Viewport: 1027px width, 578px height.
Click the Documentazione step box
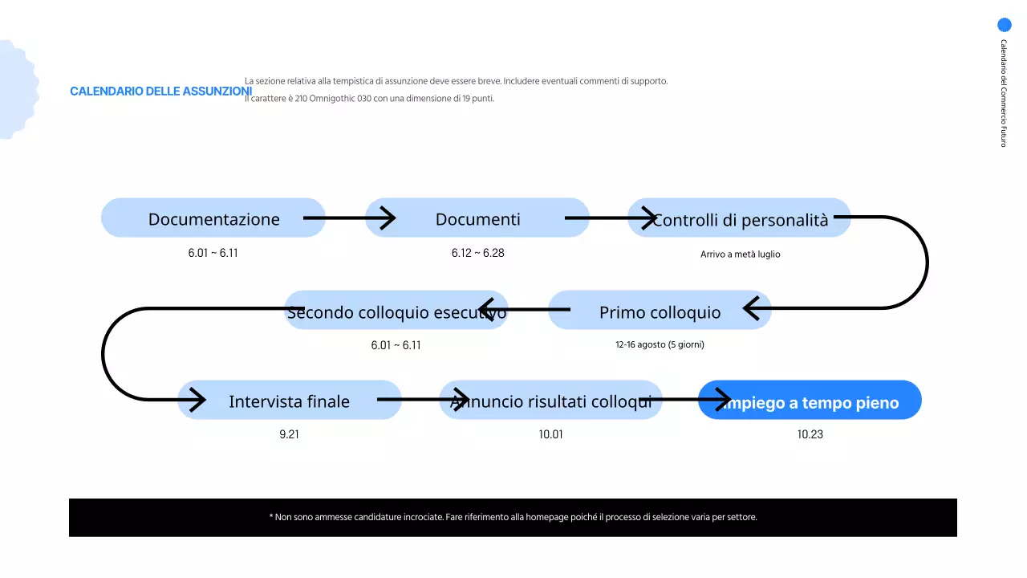coord(213,218)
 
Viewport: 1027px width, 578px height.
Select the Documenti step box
coord(477,218)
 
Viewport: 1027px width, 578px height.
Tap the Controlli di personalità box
coord(739,218)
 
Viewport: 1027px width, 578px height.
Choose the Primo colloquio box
coord(660,311)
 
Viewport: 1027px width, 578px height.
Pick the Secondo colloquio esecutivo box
coord(396,311)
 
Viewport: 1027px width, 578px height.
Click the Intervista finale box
coord(289,401)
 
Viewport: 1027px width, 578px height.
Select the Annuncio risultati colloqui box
coord(550,401)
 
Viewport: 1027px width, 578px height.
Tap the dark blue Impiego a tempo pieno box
coord(810,401)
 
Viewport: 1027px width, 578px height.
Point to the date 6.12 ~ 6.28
coord(477,253)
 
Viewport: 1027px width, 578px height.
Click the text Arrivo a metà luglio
coord(740,254)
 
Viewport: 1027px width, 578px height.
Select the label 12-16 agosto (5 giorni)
coord(660,344)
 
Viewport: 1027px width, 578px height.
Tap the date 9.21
coord(289,434)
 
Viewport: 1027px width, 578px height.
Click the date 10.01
coord(550,434)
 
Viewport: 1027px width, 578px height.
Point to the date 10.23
coord(810,434)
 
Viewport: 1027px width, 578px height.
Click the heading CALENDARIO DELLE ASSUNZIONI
coord(160,92)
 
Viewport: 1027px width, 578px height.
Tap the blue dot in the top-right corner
coord(1004,25)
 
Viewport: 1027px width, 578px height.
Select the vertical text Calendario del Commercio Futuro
coord(1003,93)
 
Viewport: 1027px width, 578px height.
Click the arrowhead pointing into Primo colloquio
coord(752,308)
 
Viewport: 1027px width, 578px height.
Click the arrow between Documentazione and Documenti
coord(349,218)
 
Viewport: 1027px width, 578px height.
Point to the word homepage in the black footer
coord(543,517)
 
